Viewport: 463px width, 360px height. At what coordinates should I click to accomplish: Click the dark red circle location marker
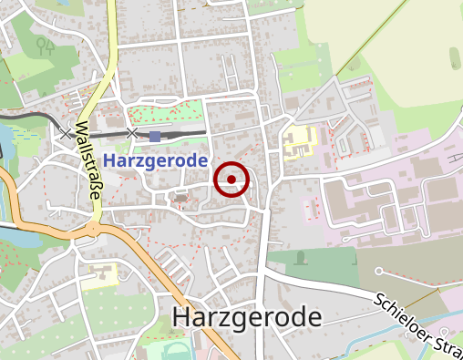pyautogui.click(x=231, y=180)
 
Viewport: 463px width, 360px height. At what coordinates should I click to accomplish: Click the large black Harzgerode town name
pyautogui.click(x=247, y=318)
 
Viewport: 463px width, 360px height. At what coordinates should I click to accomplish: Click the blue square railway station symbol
pyautogui.click(x=155, y=136)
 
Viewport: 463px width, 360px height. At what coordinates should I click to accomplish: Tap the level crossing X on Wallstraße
pyautogui.click(x=66, y=133)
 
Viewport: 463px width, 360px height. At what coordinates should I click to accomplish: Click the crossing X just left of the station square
pyautogui.click(x=132, y=134)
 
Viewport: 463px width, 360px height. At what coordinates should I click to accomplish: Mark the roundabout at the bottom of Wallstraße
pyautogui.click(x=95, y=227)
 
